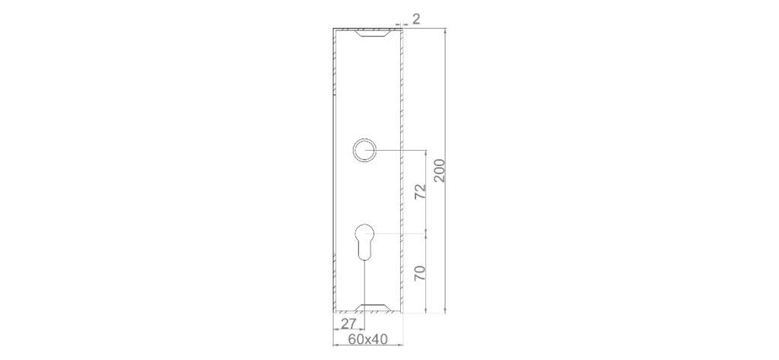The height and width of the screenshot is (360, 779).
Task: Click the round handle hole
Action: (364, 150)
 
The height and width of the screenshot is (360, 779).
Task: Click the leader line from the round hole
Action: (399, 151)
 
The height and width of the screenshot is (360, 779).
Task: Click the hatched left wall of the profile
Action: (334, 171)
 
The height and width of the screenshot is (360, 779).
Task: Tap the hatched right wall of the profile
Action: (401, 171)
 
